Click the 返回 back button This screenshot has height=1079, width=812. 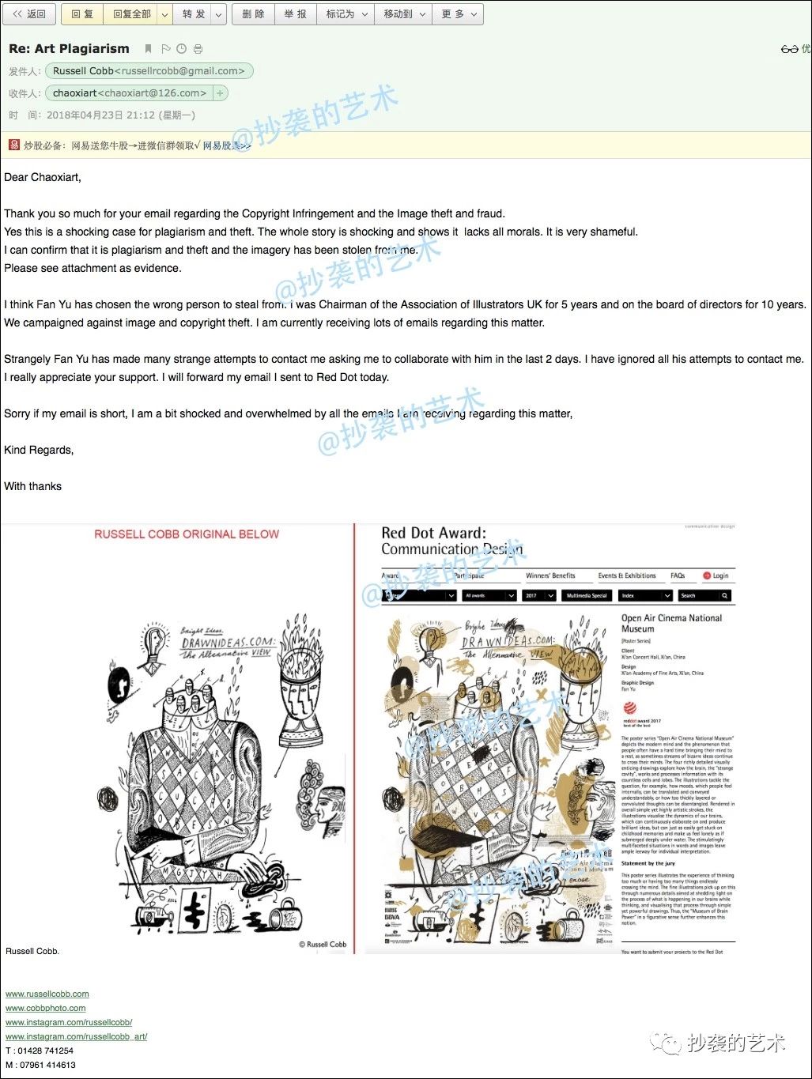[30, 14]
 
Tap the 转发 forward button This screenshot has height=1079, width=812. [193, 14]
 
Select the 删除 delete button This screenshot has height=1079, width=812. [253, 14]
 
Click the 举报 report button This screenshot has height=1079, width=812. [295, 14]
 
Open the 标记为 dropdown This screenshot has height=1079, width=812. [346, 14]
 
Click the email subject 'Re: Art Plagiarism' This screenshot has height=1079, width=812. [69, 49]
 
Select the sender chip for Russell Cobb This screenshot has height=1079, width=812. [149, 71]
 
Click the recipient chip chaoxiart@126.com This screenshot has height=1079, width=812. [130, 93]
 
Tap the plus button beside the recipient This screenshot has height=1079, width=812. [221, 93]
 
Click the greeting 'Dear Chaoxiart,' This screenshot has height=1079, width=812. [43, 177]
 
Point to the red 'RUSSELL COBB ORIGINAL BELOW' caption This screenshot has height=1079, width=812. [187, 534]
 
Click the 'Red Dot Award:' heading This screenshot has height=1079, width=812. [433, 534]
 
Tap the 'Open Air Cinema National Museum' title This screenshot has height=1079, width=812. [671, 623]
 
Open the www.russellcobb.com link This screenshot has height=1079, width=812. [47, 994]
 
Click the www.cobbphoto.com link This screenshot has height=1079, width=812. [46, 1008]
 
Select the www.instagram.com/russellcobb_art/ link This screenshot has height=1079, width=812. [77, 1036]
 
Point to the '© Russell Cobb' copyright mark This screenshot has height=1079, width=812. [323, 944]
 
